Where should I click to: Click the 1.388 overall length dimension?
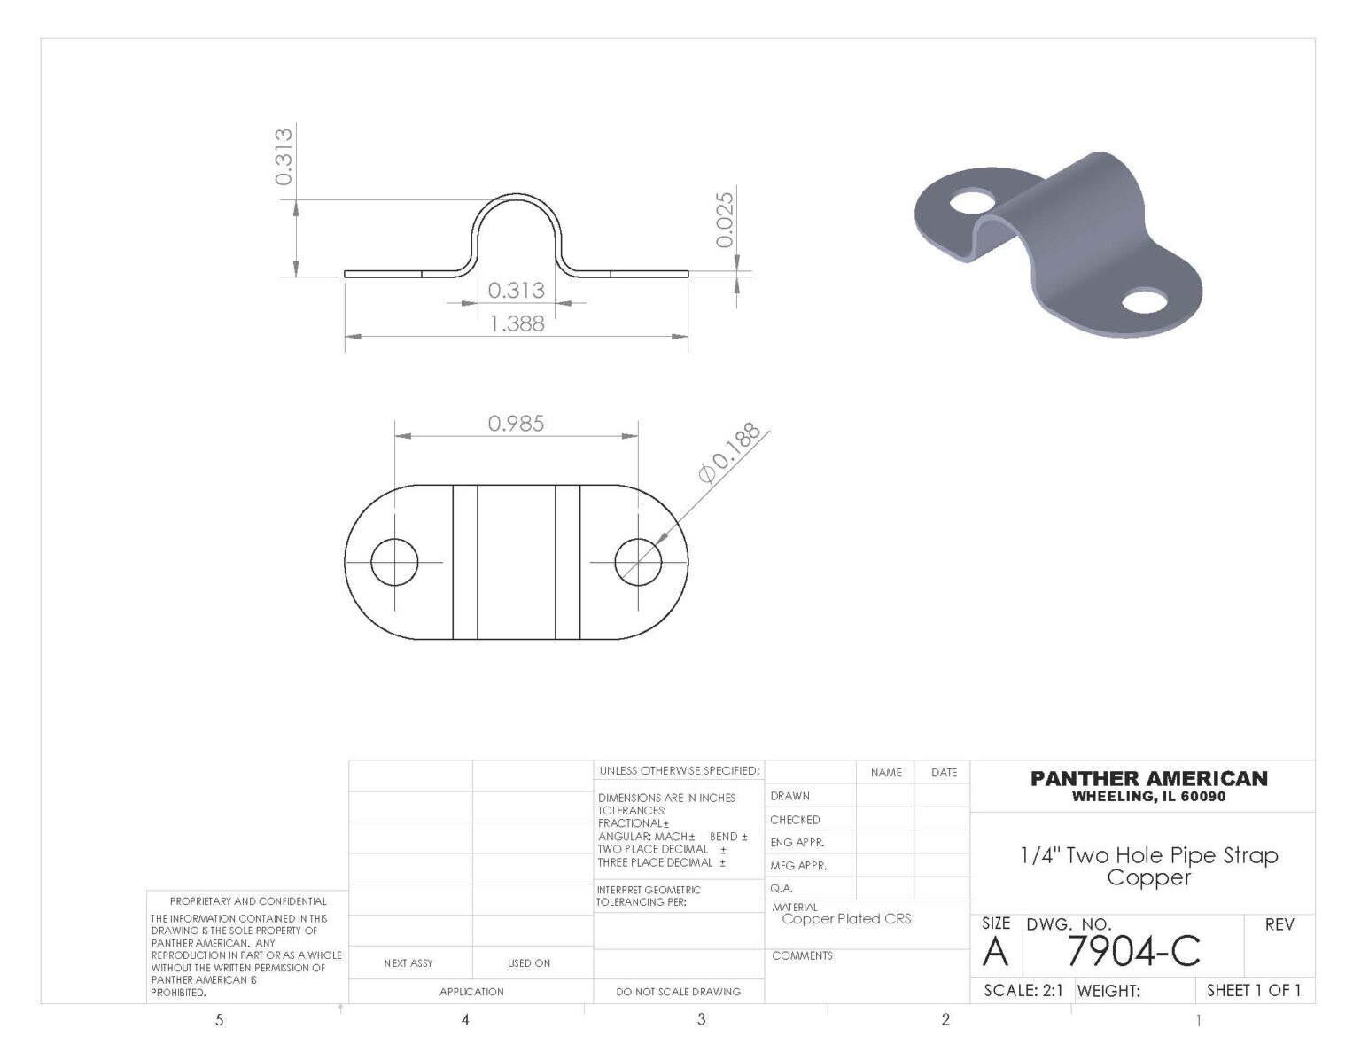(x=517, y=324)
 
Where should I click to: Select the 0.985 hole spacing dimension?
(x=516, y=424)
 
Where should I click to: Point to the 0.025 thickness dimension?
(x=725, y=220)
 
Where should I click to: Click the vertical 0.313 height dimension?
(x=284, y=156)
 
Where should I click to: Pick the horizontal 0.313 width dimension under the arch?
(x=516, y=290)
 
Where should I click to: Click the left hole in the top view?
(x=394, y=562)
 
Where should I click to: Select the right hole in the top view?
(x=638, y=562)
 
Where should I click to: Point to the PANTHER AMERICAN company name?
(x=1148, y=779)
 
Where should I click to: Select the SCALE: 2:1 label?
(x=1023, y=991)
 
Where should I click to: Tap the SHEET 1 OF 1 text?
(x=1254, y=990)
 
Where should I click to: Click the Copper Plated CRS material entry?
(x=846, y=919)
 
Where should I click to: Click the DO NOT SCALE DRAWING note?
(x=678, y=992)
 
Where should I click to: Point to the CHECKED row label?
(x=795, y=820)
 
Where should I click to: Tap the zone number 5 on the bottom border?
(x=220, y=1020)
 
